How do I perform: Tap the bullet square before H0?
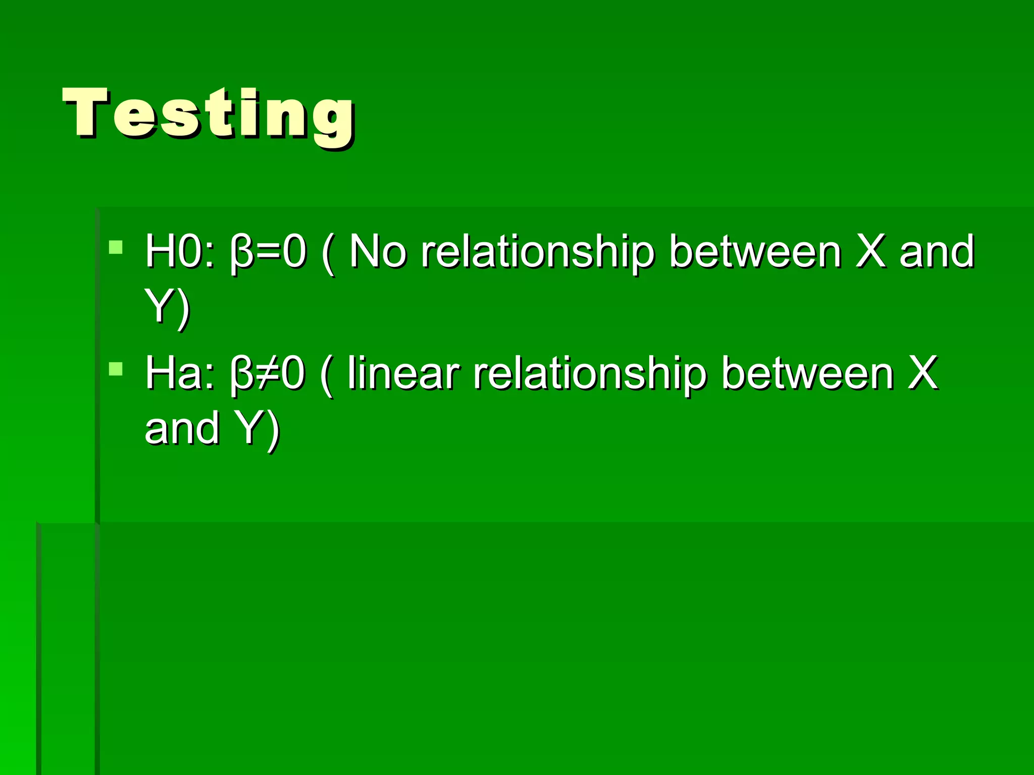click(x=116, y=247)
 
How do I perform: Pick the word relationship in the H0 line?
click(x=538, y=252)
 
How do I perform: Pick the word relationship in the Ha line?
click(x=590, y=374)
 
